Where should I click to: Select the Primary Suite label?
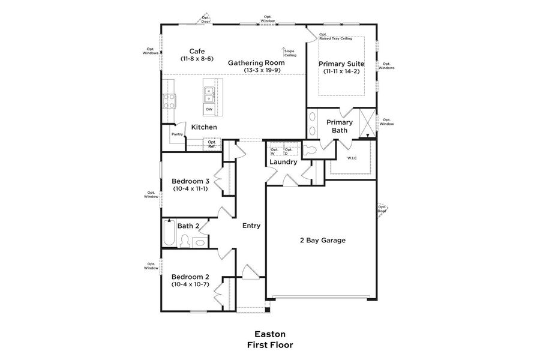[x=341, y=63]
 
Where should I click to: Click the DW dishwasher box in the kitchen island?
[x=209, y=110]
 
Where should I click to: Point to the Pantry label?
[x=176, y=134]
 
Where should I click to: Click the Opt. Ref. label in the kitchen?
[x=212, y=144]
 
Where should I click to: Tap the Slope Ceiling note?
[x=290, y=53]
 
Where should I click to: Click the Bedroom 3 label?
[x=190, y=181]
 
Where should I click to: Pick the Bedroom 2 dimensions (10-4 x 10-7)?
[x=190, y=284]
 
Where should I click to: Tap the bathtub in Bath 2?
[x=168, y=233]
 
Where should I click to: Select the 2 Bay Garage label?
[x=323, y=240]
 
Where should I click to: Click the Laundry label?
[x=283, y=162]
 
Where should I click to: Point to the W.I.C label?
[x=352, y=158]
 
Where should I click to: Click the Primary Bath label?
[x=340, y=126]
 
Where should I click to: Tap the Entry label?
[x=251, y=226]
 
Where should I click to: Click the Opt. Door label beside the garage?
[x=382, y=209]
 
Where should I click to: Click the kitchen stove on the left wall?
[x=170, y=101]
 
